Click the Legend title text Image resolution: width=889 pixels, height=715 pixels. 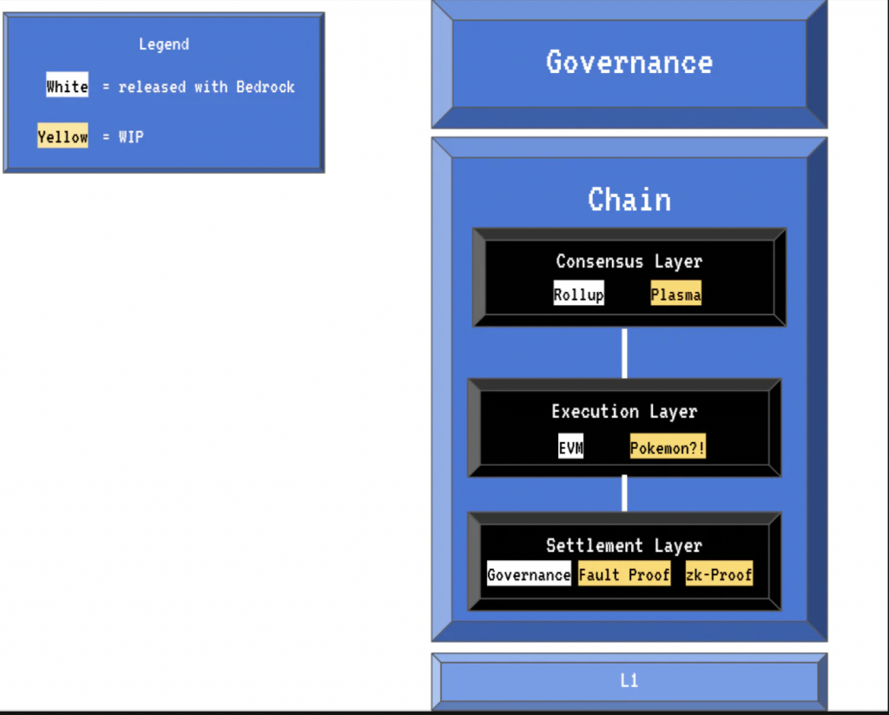(x=164, y=44)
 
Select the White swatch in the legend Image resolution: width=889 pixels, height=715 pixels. (x=67, y=84)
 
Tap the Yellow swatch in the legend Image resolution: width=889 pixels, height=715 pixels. (x=63, y=136)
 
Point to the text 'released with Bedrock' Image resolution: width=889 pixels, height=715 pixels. (x=207, y=87)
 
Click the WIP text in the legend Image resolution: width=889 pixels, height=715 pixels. (x=131, y=136)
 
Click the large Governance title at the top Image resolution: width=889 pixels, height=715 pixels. (x=629, y=62)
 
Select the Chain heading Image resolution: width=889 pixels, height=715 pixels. (x=629, y=200)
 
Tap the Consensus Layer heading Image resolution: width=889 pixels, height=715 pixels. (x=629, y=262)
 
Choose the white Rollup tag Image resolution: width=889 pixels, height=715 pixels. (x=579, y=294)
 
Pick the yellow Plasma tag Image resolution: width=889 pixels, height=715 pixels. (x=675, y=294)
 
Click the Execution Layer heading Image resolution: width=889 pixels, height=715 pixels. (x=624, y=412)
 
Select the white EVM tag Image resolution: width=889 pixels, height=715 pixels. (x=571, y=447)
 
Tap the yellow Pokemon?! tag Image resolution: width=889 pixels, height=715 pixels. (x=668, y=447)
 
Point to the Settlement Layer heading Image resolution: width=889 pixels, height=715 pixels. (x=624, y=546)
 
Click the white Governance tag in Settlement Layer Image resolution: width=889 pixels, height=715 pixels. (x=529, y=573)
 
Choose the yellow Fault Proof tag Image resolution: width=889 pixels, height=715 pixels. (x=624, y=573)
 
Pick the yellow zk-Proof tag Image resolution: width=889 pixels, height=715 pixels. (x=719, y=573)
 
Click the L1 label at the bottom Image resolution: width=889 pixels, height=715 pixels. (x=629, y=680)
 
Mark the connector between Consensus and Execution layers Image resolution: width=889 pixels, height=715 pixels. (x=624, y=353)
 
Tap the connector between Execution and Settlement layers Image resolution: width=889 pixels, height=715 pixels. (x=624, y=493)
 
